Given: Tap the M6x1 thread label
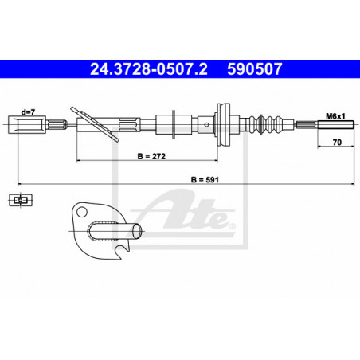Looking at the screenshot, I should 334,116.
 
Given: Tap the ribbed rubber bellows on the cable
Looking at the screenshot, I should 260,125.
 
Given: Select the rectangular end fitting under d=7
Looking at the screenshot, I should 19,124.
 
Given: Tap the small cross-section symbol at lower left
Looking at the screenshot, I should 19,202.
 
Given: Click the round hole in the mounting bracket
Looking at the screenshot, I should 80,213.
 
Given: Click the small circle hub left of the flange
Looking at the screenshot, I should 209,124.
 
